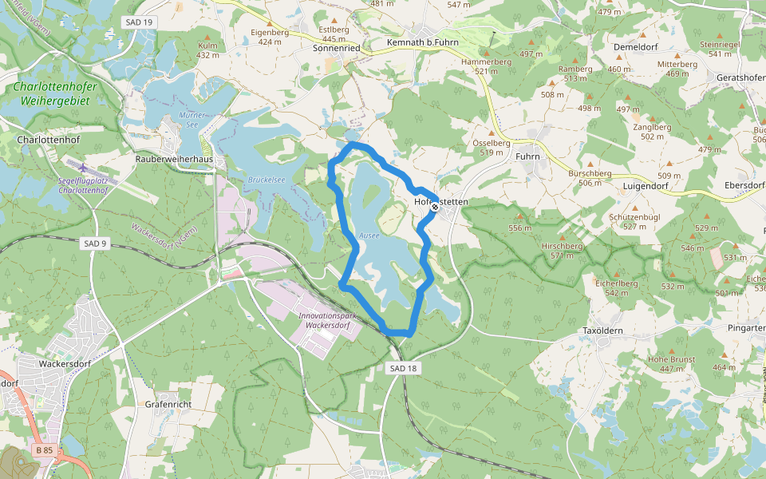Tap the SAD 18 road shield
[405, 368]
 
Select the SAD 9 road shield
[94, 243]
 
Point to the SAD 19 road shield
[139, 22]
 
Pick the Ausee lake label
[369, 236]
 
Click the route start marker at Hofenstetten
[435, 207]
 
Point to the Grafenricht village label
[168, 404]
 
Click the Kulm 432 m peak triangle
[207, 37]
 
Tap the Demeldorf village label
[635, 47]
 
